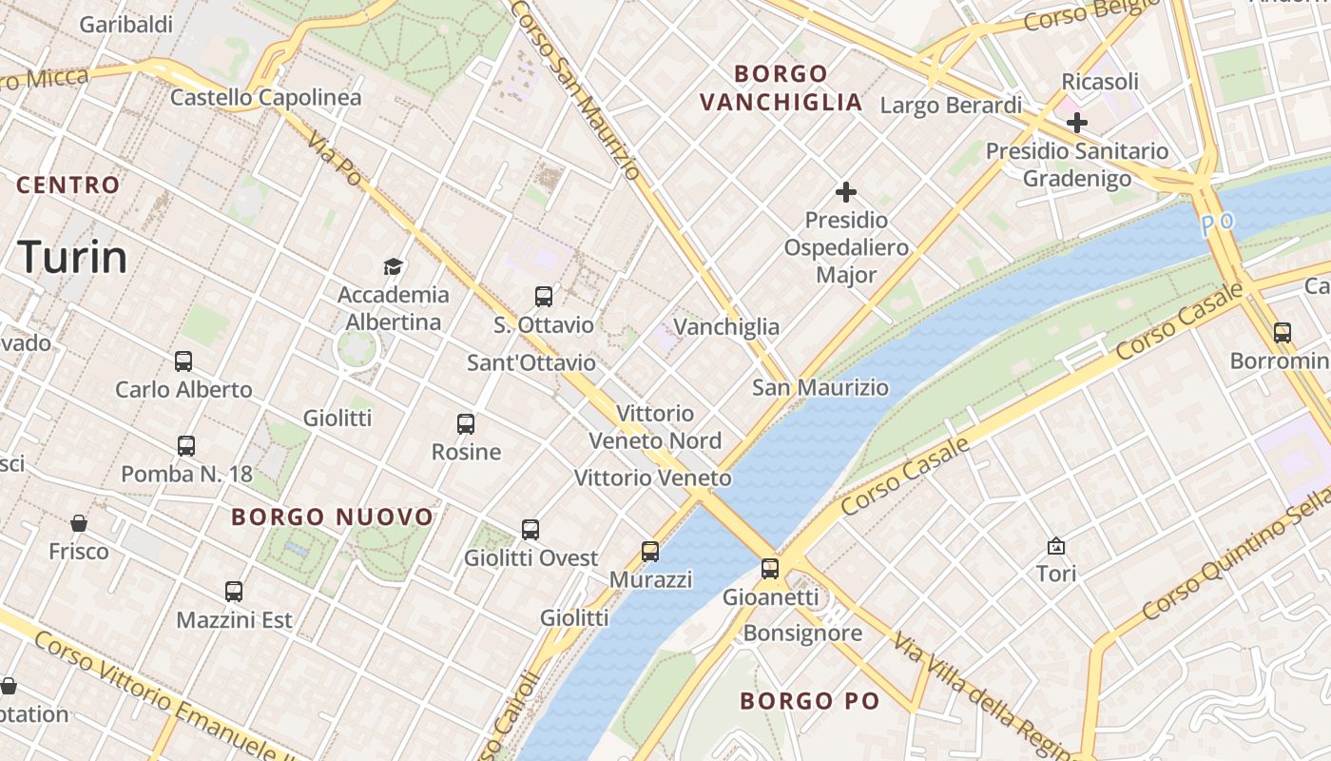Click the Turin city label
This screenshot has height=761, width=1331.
click(72, 258)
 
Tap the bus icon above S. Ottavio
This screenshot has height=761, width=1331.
click(544, 296)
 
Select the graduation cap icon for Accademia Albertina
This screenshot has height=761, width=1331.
click(393, 266)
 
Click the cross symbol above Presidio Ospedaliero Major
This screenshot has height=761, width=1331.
click(845, 192)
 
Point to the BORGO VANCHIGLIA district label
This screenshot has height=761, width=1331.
click(781, 88)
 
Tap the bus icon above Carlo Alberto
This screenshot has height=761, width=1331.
click(183, 361)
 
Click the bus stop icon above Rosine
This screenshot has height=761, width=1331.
click(466, 424)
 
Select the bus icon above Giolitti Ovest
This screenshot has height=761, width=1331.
click(530, 530)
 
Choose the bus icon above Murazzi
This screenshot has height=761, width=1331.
click(650, 552)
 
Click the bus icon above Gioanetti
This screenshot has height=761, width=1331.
click(770, 569)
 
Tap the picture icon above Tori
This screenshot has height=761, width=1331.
click(1055, 546)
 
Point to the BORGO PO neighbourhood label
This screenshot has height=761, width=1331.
click(809, 701)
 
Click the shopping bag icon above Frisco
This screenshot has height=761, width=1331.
click(79, 523)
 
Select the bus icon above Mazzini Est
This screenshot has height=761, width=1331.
click(234, 592)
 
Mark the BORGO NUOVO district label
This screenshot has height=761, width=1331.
click(332, 517)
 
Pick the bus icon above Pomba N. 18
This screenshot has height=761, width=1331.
click(186, 445)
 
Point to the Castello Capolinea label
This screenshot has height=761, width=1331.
click(265, 97)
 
